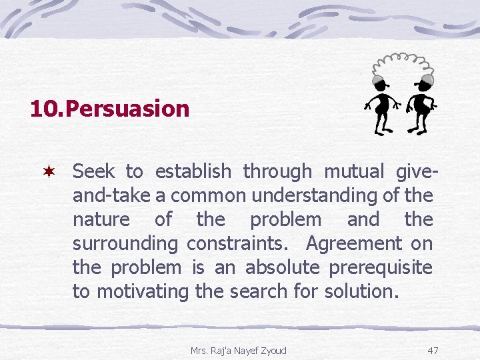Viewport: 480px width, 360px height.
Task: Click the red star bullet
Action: click(49, 172)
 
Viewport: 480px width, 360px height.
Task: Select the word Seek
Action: click(93, 172)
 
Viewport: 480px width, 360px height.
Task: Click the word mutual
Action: click(353, 172)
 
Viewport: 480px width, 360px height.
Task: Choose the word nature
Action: click(101, 220)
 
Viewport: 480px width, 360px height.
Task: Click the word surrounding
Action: click(125, 244)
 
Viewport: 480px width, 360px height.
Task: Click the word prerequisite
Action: click(381, 268)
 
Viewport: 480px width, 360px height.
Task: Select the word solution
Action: click(361, 292)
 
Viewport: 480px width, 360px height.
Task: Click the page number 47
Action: click(433, 350)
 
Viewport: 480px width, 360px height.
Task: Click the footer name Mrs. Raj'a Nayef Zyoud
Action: click(238, 350)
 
